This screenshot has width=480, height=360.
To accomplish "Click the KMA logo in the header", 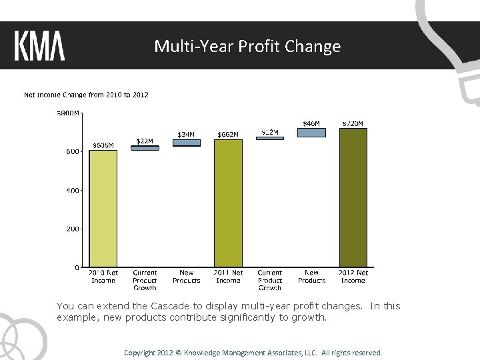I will pos(39,46).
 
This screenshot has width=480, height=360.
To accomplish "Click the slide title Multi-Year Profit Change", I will pos(247,46).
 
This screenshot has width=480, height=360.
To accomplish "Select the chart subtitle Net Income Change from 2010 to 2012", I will pos(86,95).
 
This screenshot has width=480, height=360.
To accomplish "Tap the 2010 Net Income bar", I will pos(103,208).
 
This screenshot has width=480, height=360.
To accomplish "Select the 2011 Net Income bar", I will pos(228,203).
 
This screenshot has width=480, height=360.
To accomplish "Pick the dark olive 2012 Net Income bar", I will pos(353,197).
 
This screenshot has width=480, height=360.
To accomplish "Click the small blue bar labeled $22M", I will pos(145,148).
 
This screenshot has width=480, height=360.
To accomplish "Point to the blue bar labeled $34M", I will pos(186,143).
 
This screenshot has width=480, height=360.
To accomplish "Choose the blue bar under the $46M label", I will pos(311,133).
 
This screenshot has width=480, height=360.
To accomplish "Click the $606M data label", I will pos(103,145).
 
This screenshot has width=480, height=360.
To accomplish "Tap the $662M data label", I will pos(228,134).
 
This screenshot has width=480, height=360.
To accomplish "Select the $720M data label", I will pos(353,123).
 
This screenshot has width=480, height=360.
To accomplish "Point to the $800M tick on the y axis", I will pos(67,113).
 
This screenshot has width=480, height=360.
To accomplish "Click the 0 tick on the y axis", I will pos(77,267).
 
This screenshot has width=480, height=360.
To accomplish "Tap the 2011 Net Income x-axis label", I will pos(228,277).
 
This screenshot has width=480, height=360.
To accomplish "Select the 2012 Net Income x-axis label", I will pos(353,277).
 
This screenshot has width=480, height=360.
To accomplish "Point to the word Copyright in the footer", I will pos(141,352).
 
